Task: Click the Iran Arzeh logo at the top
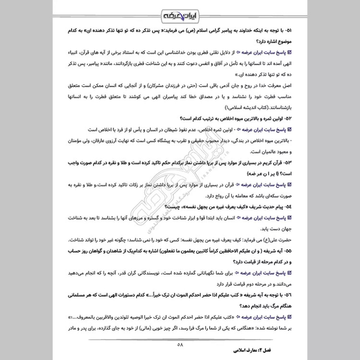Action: pos(180,15)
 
